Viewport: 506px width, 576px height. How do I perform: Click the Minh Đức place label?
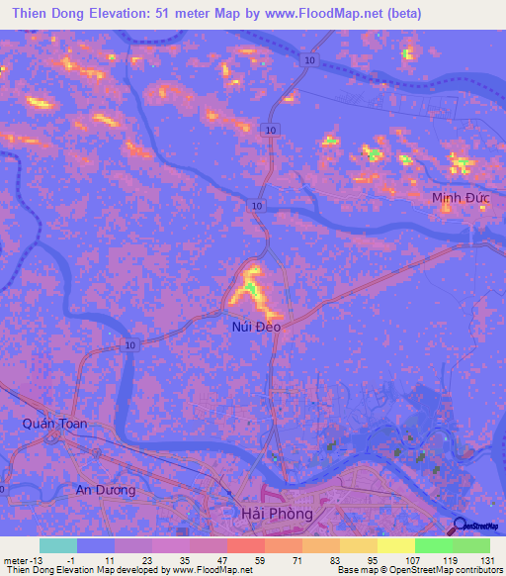tap(460, 199)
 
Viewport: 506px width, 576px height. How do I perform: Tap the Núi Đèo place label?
tap(256, 326)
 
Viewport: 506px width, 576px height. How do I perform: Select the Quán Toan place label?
tap(54, 424)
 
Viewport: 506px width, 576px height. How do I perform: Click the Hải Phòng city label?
tap(277, 514)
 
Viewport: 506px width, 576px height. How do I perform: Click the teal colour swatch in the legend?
tap(58, 545)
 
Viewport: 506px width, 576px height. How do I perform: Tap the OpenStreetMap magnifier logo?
tap(460, 525)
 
